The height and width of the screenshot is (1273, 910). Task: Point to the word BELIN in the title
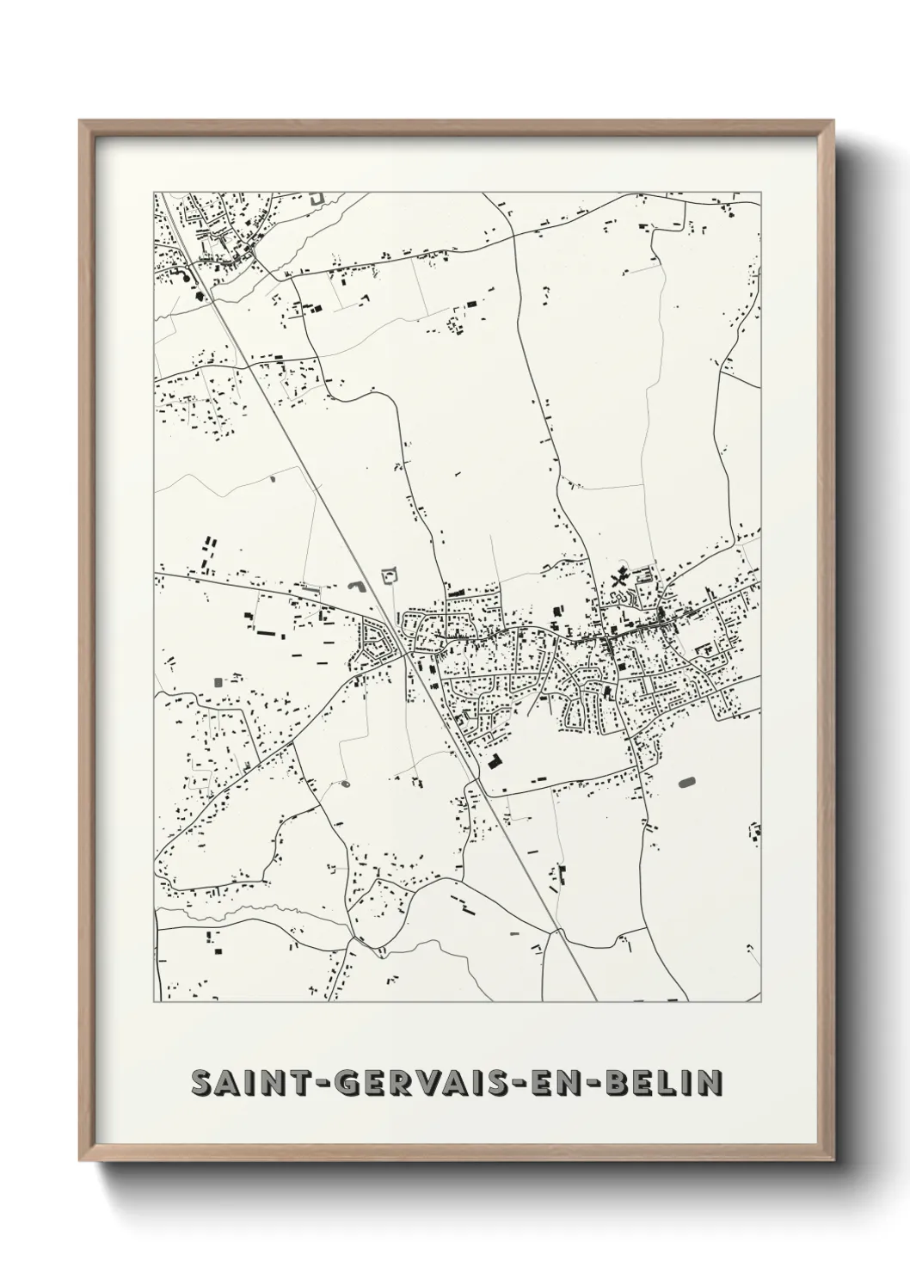coord(662,1084)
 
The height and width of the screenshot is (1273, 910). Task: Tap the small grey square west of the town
coord(217,681)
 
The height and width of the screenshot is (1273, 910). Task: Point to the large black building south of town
coord(495,760)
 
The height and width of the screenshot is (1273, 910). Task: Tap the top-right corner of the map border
coord(761,191)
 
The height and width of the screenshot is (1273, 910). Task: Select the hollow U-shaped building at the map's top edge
coord(317,198)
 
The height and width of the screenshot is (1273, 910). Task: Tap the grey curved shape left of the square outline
coord(356,587)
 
